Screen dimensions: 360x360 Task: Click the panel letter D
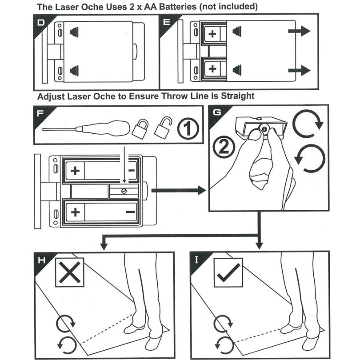click(x=41, y=22)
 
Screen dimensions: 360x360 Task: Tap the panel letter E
click(x=166, y=22)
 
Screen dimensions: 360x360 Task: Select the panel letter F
click(x=40, y=113)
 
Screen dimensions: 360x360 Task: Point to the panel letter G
click(x=216, y=112)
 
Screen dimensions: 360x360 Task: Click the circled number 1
click(x=187, y=128)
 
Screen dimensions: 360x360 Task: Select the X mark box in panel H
click(x=69, y=272)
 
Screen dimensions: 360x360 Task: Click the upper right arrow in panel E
click(x=299, y=31)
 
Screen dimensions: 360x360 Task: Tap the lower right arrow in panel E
click(x=299, y=70)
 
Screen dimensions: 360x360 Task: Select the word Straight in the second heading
click(x=238, y=96)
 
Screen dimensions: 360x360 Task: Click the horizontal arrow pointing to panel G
click(x=178, y=191)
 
